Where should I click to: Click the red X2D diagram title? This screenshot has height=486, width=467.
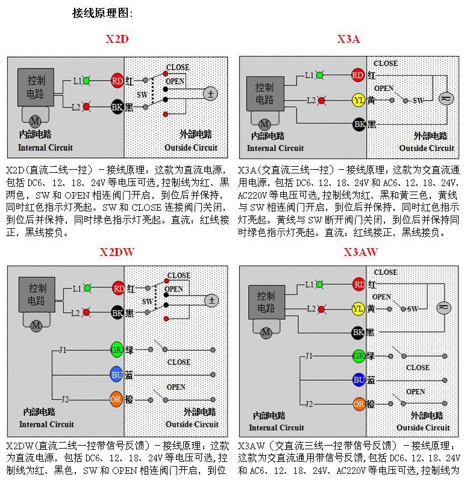(x=117, y=40)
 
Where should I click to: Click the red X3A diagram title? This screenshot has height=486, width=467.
(x=348, y=40)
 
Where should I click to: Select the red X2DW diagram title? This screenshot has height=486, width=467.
(x=117, y=252)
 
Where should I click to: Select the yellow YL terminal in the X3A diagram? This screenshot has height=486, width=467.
(x=359, y=100)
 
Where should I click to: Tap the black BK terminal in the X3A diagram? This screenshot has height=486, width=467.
(x=359, y=125)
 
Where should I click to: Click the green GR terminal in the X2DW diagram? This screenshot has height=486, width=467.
(x=117, y=350)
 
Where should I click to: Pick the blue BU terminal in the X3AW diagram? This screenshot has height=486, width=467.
(x=359, y=380)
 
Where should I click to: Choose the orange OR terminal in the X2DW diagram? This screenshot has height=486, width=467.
(x=117, y=399)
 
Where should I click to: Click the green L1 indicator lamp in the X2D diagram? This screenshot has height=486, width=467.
(x=87, y=80)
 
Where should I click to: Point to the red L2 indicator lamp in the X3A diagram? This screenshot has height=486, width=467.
(x=321, y=100)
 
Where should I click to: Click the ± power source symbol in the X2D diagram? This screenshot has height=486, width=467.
(x=210, y=93)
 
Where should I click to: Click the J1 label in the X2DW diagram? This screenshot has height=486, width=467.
(x=63, y=350)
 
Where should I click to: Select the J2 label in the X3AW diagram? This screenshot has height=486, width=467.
(x=309, y=404)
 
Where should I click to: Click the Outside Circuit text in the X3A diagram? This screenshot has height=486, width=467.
(x=426, y=148)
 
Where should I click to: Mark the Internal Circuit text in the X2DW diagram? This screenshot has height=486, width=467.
(x=46, y=424)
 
